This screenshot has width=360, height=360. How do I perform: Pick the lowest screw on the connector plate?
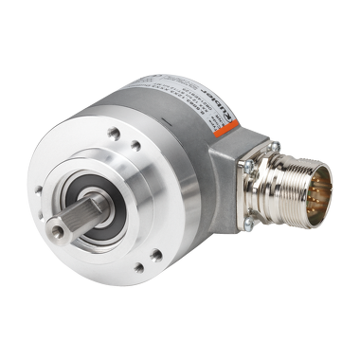point(248,222)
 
